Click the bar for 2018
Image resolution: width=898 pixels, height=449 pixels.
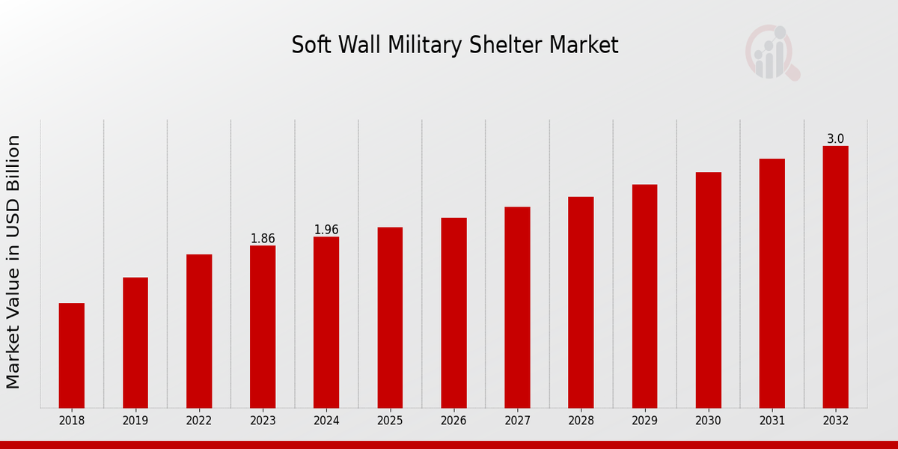[x=72, y=355]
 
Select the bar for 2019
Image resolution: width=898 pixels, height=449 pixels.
[x=135, y=343]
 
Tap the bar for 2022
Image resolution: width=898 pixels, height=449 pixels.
[x=199, y=331]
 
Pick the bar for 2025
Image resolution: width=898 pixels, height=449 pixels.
[x=390, y=317]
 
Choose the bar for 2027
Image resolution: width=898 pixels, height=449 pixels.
[x=517, y=307]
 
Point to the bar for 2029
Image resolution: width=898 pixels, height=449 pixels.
[x=644, y=296]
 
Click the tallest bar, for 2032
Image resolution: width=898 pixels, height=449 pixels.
[x=835, y=277]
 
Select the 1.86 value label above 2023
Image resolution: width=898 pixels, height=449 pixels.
[x=263, y=239]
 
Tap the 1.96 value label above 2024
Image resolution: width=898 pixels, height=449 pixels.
[x=326, y=230]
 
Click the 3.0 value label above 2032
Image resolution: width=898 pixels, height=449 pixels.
[x=835, y=139]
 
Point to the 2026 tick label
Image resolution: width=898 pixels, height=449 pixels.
[x=453, y=421]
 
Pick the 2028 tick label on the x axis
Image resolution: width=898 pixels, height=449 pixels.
[x=581, y=421]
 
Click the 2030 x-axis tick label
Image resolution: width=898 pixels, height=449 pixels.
[x=708, y=421]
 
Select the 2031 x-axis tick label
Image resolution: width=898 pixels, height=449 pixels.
[x=772, y=421]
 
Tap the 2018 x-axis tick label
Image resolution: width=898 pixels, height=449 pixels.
[x=72, y=421]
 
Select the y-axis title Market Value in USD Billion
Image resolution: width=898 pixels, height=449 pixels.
[x=13, y=262]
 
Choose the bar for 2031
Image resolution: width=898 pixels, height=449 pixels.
[x=772, y=283]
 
